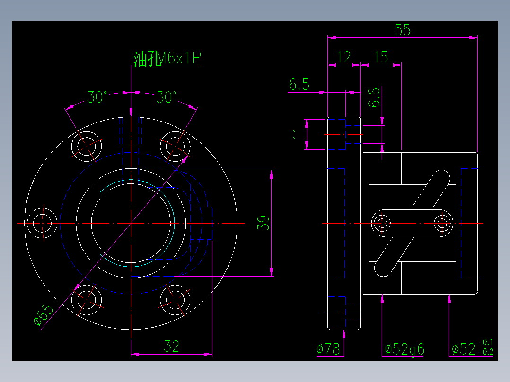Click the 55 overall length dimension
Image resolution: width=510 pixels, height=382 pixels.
point(403,30)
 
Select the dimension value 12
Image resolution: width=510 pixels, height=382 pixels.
point(343,57)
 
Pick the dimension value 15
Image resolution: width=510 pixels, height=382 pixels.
point(380,57)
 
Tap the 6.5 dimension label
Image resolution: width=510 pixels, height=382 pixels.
point(299,85)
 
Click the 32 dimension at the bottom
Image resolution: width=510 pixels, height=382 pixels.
point(171,347)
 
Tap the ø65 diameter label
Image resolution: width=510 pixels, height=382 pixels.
point(44,315)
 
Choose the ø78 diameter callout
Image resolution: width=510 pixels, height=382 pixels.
point(328,349)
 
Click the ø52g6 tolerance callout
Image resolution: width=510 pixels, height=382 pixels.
point(404,349)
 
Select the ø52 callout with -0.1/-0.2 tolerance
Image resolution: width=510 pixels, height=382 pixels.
point(472,348)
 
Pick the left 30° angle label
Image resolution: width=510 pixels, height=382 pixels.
point(97,97)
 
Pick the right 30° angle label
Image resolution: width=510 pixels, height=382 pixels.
point(166,97)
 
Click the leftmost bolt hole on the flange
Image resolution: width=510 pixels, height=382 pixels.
point(42,223)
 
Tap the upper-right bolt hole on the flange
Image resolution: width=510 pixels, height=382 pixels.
point(175,146)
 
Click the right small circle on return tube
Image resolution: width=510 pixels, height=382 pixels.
point(443,223)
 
